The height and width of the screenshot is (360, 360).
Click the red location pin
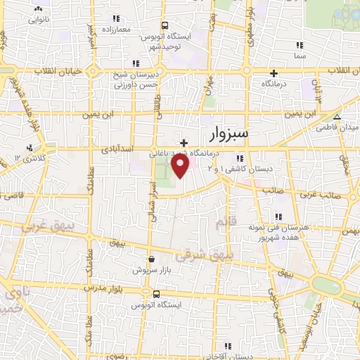(181, 166)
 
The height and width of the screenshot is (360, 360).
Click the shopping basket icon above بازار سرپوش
(151, 259)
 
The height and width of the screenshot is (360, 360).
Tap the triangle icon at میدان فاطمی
(337, 117)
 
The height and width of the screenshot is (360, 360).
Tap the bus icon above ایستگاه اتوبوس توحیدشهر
(164, 25)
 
